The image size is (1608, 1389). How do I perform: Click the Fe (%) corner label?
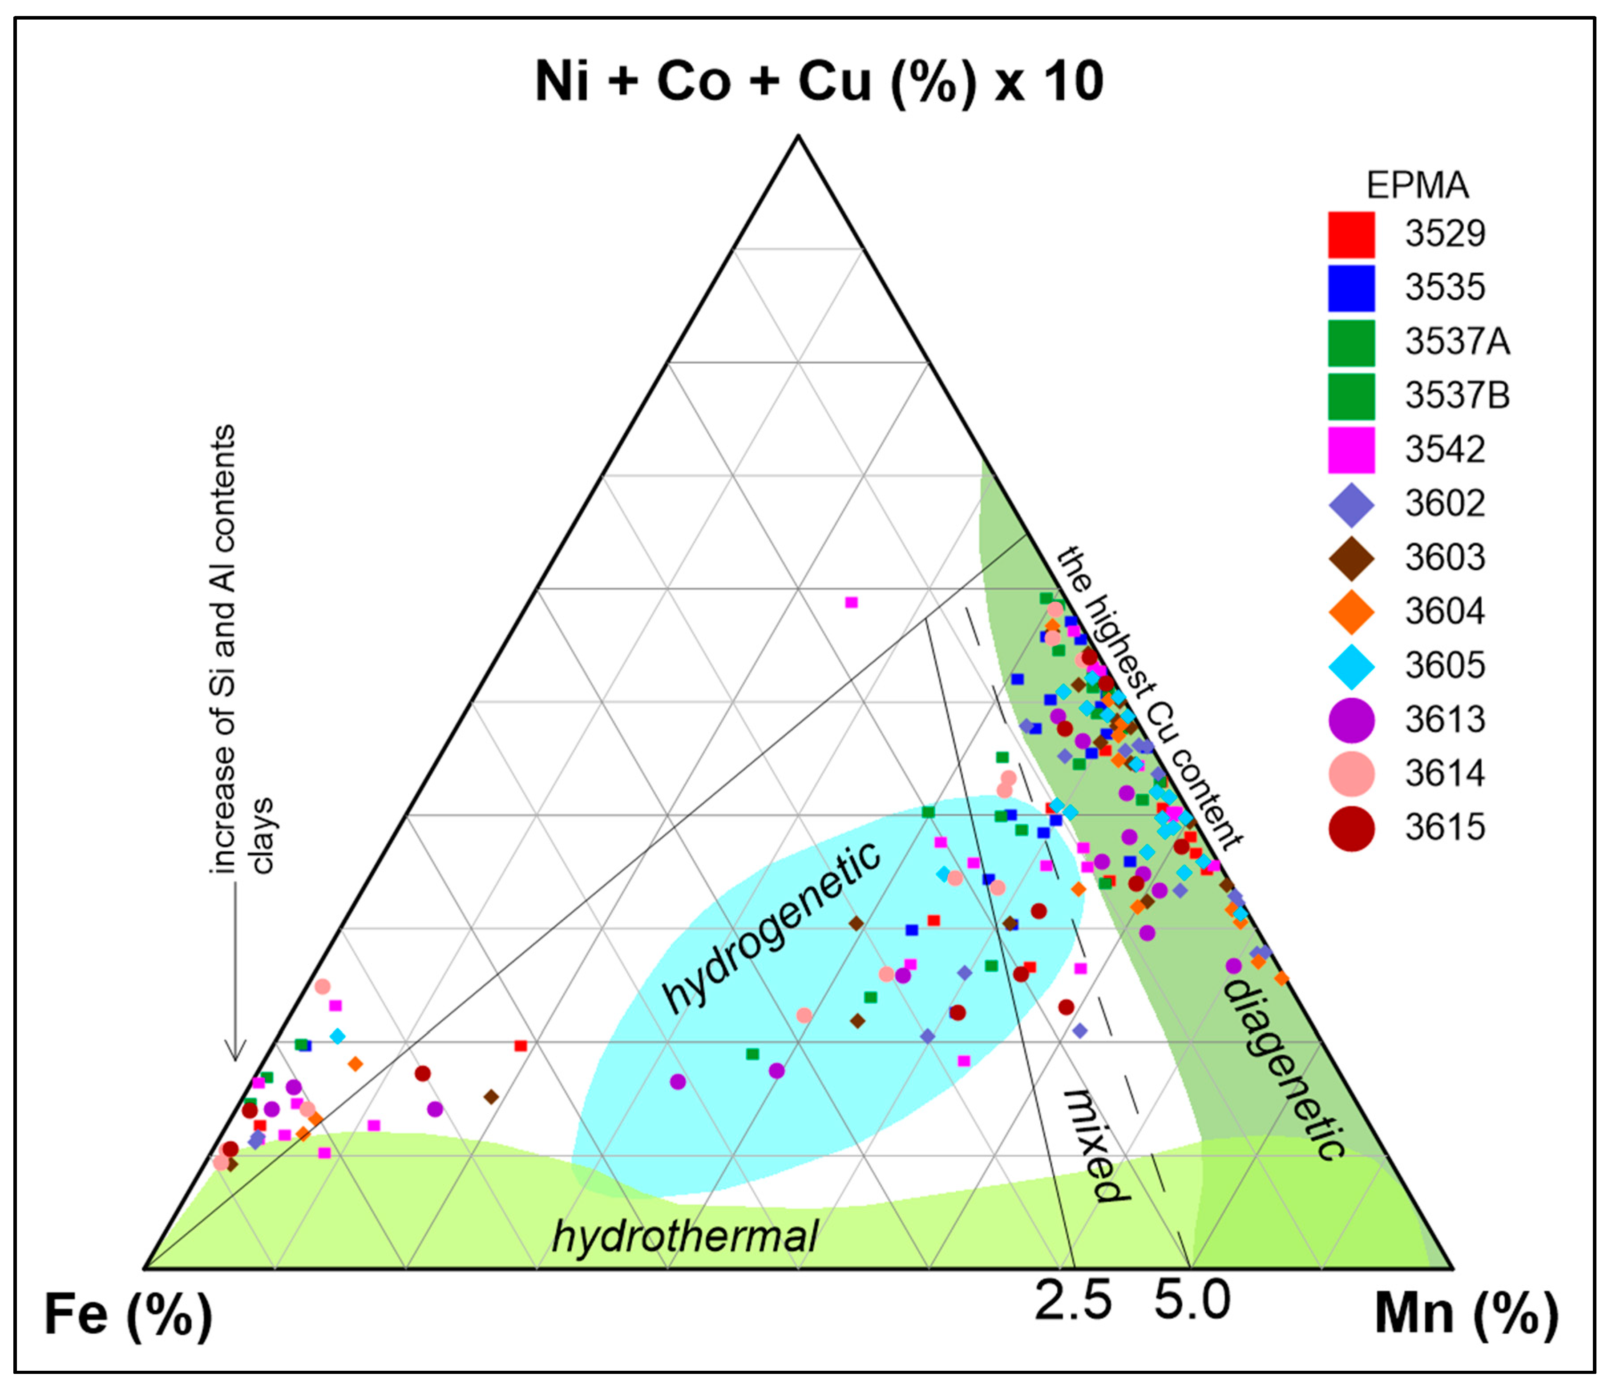(x=128, y=1315)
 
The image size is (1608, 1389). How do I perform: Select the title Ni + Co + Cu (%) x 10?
(x=819, y=81)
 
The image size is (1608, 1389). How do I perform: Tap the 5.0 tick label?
(x=1192, y=1300)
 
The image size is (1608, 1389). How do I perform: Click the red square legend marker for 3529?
(x=1351, y=234)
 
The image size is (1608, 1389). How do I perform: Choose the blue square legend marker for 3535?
(x=1351, y=288)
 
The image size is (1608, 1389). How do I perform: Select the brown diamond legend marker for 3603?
(x=1351, y=557)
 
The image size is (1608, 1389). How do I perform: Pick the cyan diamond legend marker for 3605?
(x=1351, y=665)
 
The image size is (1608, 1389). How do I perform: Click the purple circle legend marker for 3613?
(x=1351, y=719)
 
